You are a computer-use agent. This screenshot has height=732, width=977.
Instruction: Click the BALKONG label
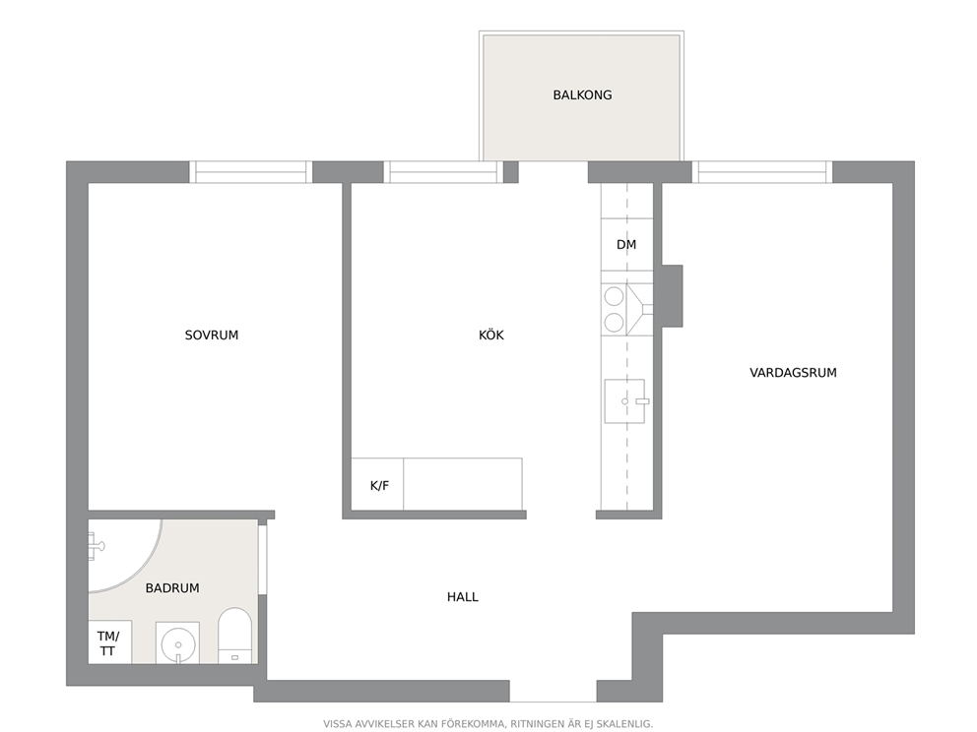pyautogui.click(x=582, y=95)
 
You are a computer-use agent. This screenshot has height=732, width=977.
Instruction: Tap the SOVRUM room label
pyautogui.click(x=211, y=335)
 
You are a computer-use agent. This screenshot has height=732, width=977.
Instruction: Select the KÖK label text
pyautogui.click(x=491, y=335)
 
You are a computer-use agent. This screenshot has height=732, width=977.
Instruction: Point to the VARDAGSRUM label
pyautogui.click(x=793, y=373)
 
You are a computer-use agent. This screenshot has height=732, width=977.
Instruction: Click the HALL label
pyautogui.click(x=462, y=597)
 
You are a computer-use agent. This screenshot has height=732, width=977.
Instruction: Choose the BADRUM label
pyautogui.click(x=172, y=588)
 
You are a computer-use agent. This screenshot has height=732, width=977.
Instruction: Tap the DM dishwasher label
pyautogui.click(x=626, y=245)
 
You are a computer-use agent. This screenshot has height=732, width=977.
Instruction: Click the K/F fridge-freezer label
pyautogui.click(x=379, y=485)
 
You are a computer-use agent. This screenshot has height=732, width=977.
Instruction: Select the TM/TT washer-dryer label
pyautogui.click(x=107, y=643)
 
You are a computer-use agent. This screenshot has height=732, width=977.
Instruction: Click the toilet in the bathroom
pyautogui.click(x=235, y=636)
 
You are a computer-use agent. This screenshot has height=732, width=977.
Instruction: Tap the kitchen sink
pyautogui.click(x=625, y=401)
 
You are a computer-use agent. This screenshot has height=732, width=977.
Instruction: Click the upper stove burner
pyautogui.click(x=614, y=295)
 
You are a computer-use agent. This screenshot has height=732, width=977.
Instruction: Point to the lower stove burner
pyautogui.click(x=614, y=323)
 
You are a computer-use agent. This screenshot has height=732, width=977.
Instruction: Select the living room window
pyautogui.click(x=762, y=172)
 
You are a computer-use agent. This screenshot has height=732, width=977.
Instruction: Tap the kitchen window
pyautogui.click(x=443, y=172)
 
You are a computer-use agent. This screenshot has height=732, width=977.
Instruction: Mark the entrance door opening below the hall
pyautogui.click(x=554, y=691)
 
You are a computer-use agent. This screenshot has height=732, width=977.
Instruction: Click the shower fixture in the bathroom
pyautogui.click(x=96, y=546)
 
